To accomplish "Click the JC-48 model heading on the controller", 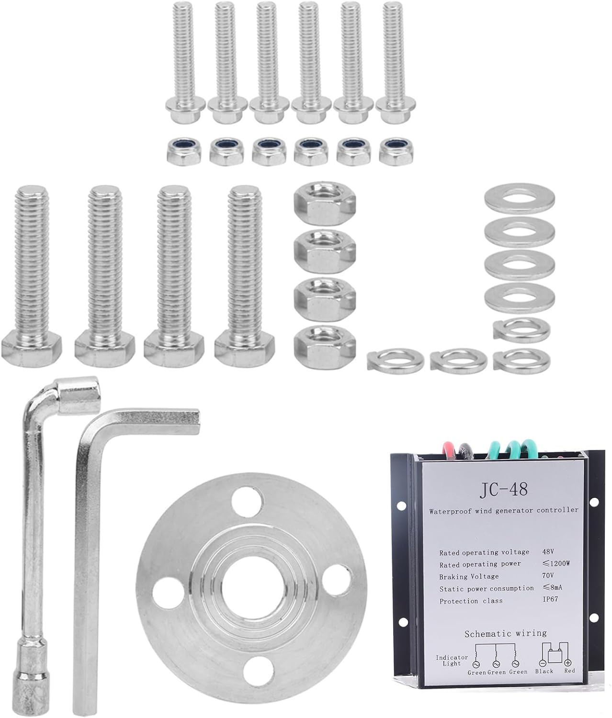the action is (504, 489).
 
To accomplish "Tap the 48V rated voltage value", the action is (548, 551).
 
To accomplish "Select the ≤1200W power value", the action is (556, 563).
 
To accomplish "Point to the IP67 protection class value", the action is (551, 599).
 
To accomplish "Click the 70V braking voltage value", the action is (548, 575).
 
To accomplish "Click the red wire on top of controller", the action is (448, 448).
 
